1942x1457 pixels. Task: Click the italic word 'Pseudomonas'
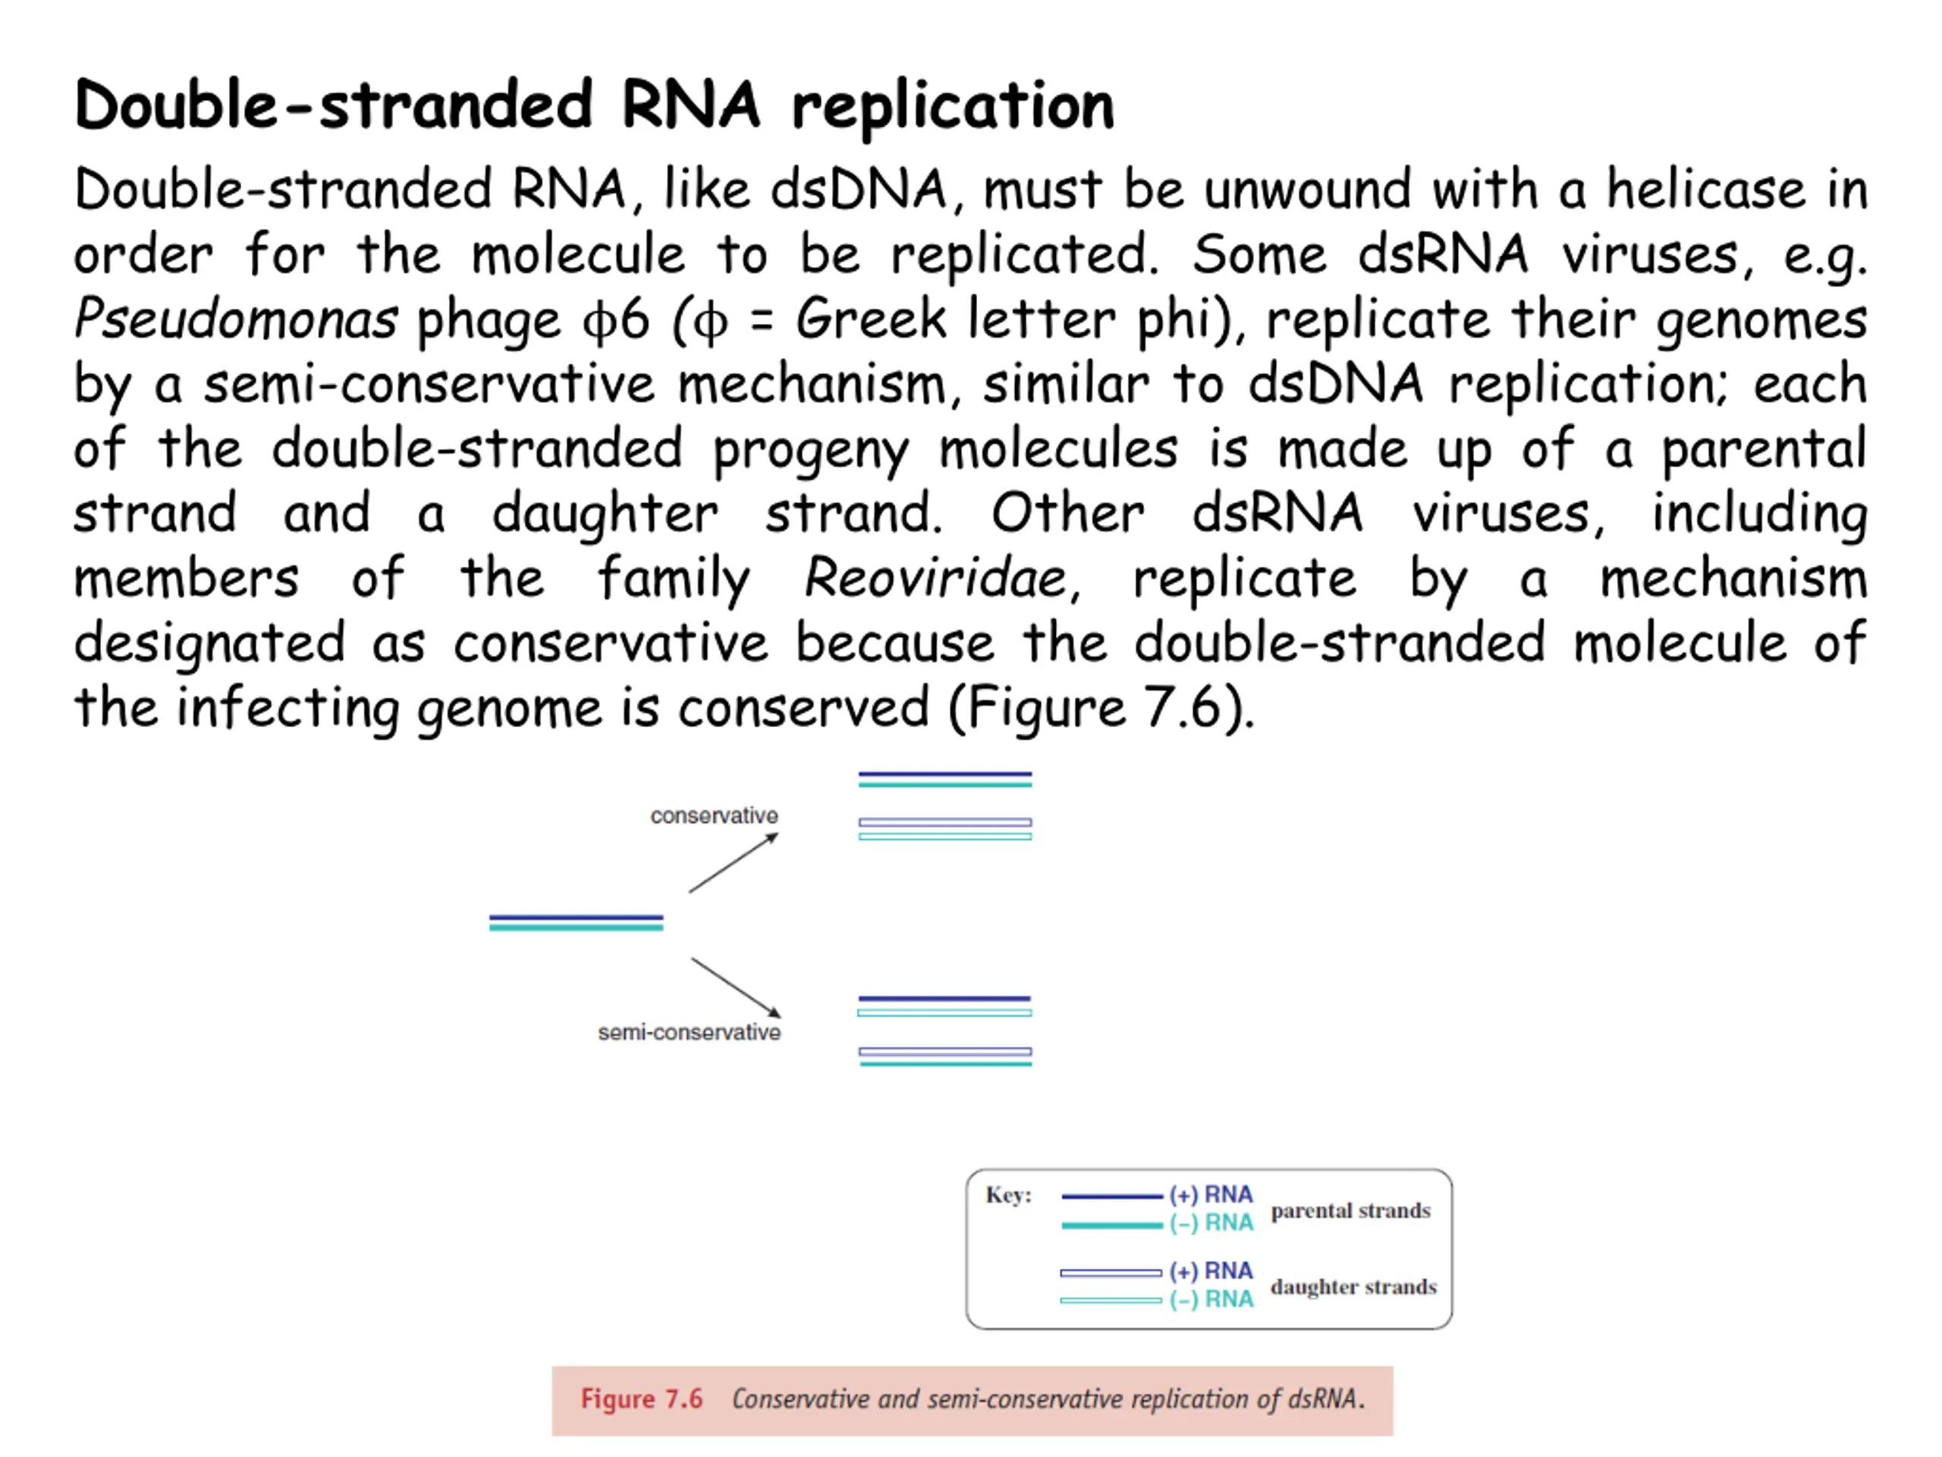pos(235,319)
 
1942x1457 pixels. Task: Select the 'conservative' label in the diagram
pos(714,816)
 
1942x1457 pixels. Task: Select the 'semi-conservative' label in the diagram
pos(689,1032)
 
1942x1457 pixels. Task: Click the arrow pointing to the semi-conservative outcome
pos(736,988)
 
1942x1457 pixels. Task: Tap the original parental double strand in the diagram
pos(576,922)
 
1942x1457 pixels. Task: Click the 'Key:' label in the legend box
pos(1008,1194)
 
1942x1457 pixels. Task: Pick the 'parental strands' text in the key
pos(1350,1210)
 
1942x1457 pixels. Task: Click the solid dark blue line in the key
pos(1111,1196)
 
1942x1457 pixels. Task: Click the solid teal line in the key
pos(1111,1225)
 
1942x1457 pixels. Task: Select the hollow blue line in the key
pos(1111,1273)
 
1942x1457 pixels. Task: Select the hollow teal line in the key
pos(1111,1301)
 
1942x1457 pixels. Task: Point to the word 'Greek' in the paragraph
pos(871,318)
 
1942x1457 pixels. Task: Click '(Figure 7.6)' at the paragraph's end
pos(1101,708)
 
